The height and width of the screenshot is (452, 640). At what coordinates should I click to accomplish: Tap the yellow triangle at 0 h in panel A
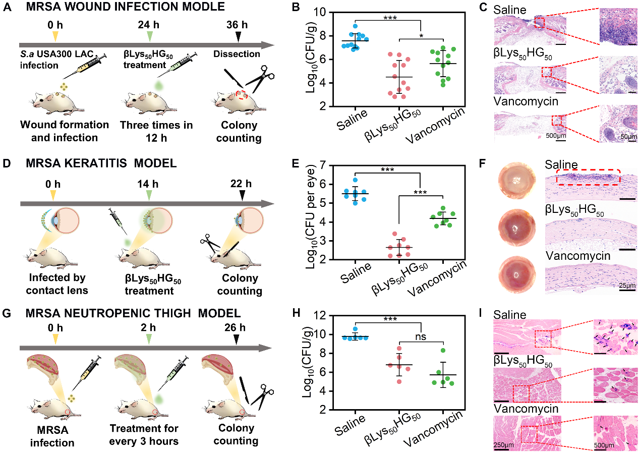[55, 36]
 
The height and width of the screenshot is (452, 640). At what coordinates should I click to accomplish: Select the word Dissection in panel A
[237, 54]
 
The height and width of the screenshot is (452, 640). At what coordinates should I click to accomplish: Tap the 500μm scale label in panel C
[555, 136]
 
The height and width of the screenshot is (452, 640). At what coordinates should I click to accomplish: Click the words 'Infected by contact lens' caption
[57, 285]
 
